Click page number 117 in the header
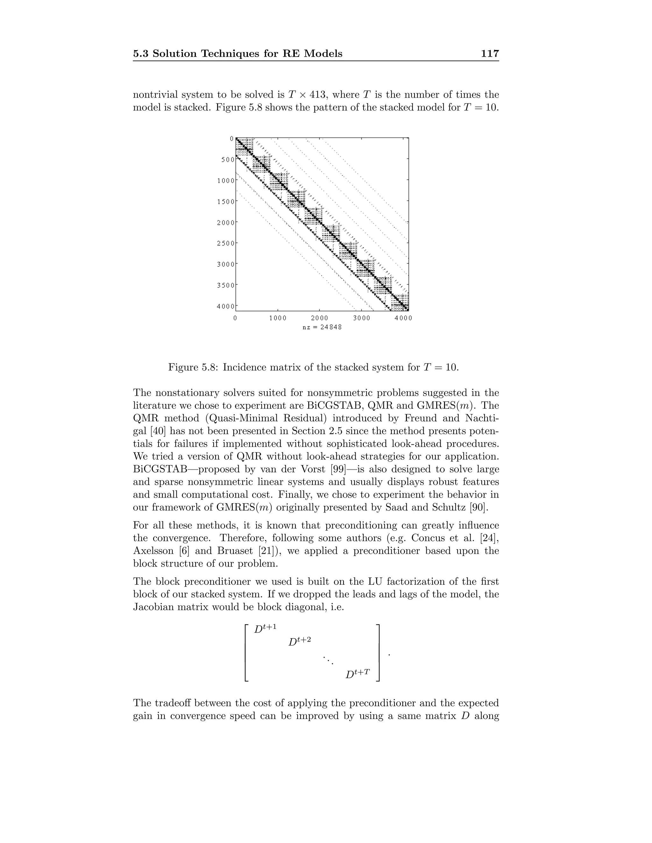[490, 54]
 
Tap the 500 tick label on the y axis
[228, 159]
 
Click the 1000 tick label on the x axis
[278, 318]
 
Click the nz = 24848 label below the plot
[322, 327]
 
